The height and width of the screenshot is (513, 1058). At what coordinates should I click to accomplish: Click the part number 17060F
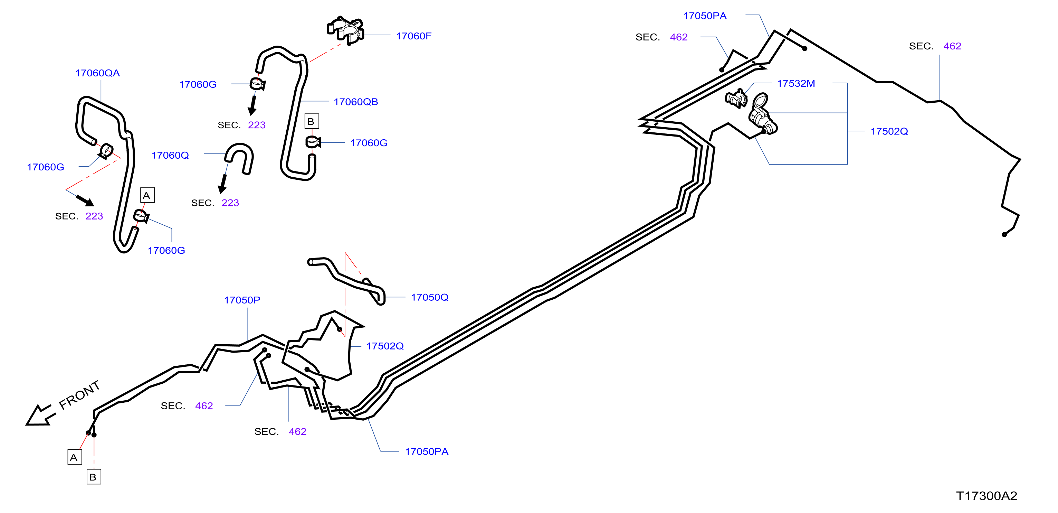click(x=413, y=36)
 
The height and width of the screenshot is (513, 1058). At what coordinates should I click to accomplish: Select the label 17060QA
click(x=97, y=73)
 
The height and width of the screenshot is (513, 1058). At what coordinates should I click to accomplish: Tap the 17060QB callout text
click(x=356, y=102)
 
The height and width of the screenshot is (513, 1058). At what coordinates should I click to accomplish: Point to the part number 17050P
click(x=242, y=300)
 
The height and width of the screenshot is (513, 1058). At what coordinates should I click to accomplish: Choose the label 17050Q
click(x=430, y=297)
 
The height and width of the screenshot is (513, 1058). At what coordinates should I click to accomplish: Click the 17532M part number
click(x=796, y=83)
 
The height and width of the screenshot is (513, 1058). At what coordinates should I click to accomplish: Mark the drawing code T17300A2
click(x=986, y=496)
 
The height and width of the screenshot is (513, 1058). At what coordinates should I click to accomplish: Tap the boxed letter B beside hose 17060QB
click(x=312, y=121)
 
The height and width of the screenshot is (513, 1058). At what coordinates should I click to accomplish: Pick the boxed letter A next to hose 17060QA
click(x=147, y=195)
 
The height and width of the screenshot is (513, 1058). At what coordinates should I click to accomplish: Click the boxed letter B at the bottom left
click(x=94, y=477)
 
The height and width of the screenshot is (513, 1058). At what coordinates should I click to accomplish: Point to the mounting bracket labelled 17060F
click(x=346, y=30)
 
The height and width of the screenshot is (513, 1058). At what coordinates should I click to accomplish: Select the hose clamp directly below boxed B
click(x=313, y=142)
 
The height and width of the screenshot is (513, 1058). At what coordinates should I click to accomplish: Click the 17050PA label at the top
click(x=705, y=16)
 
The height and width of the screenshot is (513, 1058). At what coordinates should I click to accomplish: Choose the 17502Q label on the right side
click(x=889, y=132)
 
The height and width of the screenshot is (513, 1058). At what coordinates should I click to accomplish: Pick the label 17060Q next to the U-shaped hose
click(x=170, y=155)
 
